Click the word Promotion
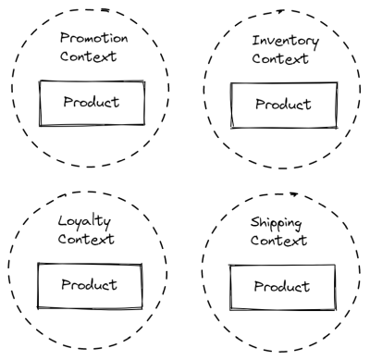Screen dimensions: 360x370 [93, 39]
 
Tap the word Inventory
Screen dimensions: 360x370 [286, 42]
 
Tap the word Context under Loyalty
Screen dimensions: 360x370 [85, 241]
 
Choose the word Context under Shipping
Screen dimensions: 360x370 [279, 242]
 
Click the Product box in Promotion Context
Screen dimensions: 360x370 [91, 103]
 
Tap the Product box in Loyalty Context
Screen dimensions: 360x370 [91, 285]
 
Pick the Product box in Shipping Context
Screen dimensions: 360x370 [280, 287]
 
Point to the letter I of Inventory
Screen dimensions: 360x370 [256, 42]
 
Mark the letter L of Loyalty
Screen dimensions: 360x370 [61, 222]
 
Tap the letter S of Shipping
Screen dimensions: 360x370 [254, 225]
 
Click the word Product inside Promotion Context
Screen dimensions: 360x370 [91, 103]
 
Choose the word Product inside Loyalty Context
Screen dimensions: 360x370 [91, 285]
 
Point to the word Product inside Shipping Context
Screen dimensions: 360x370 [280, 287]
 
